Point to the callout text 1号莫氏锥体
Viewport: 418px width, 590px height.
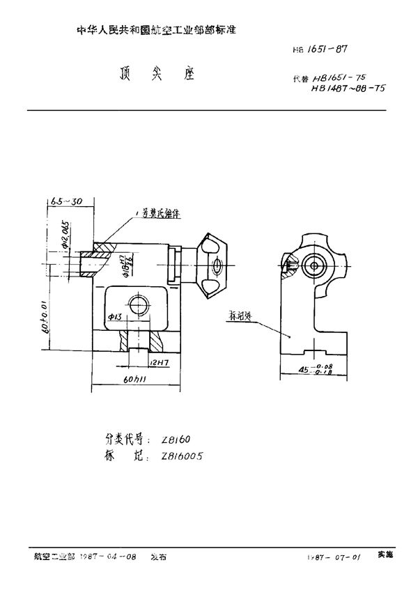[158, 215]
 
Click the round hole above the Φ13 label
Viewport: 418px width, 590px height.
[137, 304]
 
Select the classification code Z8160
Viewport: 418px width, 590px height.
[176, 439]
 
